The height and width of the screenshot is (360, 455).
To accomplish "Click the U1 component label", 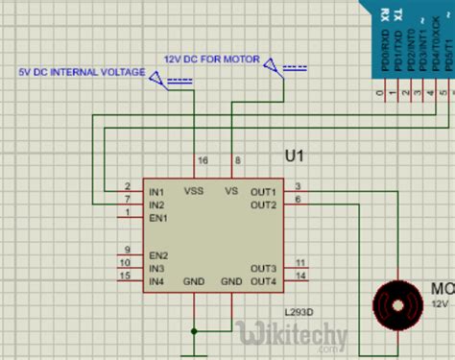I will pos(295,156).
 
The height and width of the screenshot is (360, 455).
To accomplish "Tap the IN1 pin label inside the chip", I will pos(157,192).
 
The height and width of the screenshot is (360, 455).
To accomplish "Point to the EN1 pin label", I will pos(157,217).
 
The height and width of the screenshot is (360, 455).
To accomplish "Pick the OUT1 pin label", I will pos(264,192).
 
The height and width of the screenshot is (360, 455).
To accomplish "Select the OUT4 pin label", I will pos(264,281).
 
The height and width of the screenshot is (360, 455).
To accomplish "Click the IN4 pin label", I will pos(157,281).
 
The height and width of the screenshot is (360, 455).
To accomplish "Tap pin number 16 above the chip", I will pos(202,160).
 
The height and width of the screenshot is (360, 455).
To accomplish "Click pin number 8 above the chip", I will pos(237,160).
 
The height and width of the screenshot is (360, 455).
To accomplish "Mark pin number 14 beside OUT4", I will pos(300,276).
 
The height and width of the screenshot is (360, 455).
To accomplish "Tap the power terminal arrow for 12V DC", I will pos(276,66).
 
